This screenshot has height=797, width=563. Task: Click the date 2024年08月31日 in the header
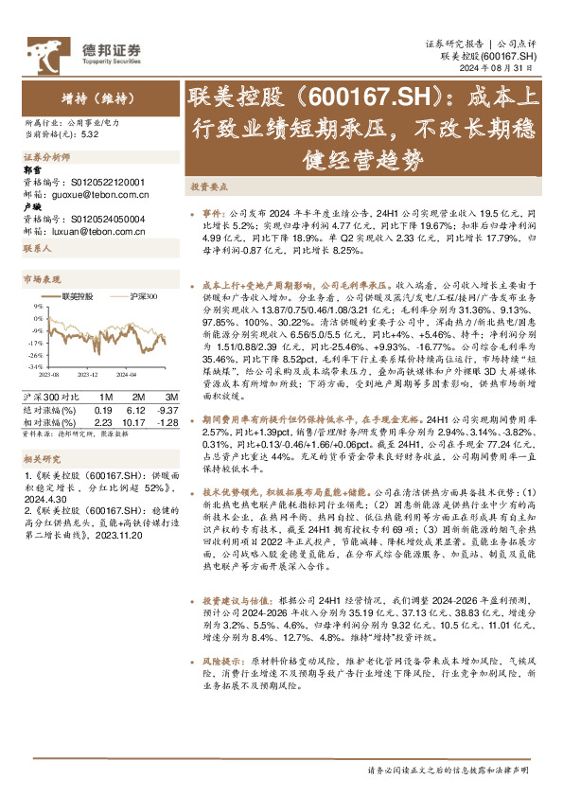point(504,68)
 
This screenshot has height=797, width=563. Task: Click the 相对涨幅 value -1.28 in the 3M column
point(166,422)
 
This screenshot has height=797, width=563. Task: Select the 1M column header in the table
point(106,397)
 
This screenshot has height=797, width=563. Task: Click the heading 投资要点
point(207,188)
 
